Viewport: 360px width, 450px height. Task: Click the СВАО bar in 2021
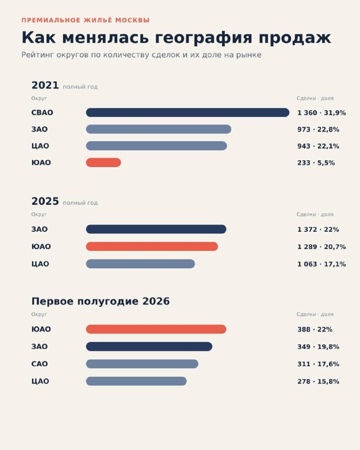coord(187,112)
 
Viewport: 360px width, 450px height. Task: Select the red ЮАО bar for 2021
coord(103,163)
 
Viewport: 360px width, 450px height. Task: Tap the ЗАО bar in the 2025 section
coord(156,229)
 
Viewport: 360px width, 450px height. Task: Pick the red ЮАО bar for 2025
coord(152,246)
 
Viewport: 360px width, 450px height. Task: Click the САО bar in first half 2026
coord(142,364)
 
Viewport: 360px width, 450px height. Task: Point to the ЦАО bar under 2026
coord(136,381)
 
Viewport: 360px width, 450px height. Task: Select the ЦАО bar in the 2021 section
coord(156,146)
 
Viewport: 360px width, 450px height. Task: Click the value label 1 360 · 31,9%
coord(322,113)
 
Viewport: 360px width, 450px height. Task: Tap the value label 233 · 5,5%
coord(316,163)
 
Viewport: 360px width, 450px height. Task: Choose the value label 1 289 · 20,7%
coord(322,246)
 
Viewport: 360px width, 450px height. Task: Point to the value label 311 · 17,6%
coord(318,364)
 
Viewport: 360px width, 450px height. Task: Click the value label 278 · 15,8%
coord(318,381)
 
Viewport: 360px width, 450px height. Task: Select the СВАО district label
coord(42,112)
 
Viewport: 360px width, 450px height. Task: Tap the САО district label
coord(39,364)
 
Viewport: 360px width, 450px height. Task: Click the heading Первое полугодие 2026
coord(101,301)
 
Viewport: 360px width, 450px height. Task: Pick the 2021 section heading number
coord(45,85)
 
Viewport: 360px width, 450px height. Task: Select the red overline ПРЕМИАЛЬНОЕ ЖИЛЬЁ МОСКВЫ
coord(85,20)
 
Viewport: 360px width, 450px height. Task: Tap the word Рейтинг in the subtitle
coord(38,55)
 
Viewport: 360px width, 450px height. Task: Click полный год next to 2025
coord(80,202)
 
